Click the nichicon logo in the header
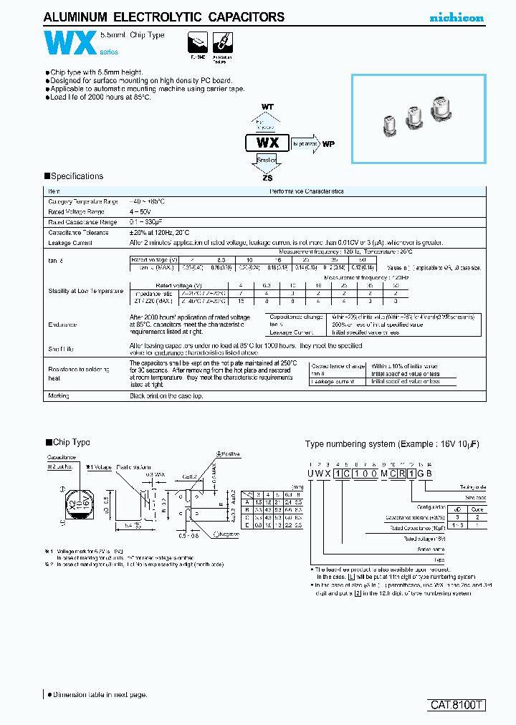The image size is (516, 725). pos(456,17)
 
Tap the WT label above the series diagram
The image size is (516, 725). pos(267,107)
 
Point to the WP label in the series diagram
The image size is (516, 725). pos(329,143)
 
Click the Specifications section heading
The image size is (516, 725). pos(74,176)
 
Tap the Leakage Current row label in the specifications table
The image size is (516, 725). pos(70,243)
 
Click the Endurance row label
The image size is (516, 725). pos(62,325)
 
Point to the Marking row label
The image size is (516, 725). pos(59,395)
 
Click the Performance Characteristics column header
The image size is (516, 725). pos(306,191)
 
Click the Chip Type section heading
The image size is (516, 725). pos(68,443)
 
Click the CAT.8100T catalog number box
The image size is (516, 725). pos(457,705)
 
